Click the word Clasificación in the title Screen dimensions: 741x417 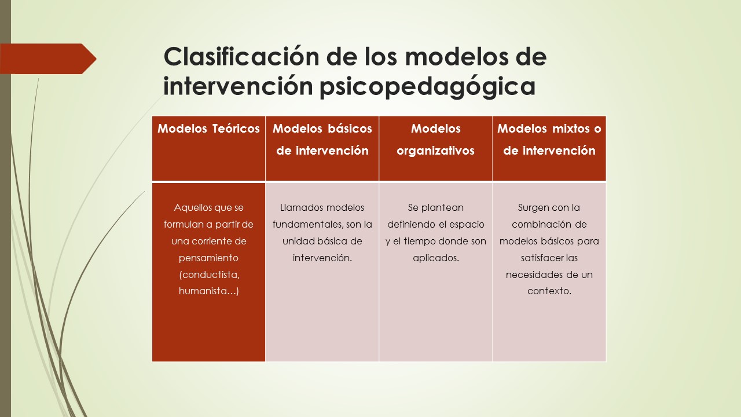pyautogui.click(x=241, y=57)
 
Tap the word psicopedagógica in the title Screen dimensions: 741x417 pyautogui.click(x=427, y=87)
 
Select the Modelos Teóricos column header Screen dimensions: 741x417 pyautogui.click(x=209, y=129)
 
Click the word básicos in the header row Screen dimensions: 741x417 pyautogui.click(x=350, y=129)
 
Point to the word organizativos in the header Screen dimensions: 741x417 pyautogui.click(x=436, y=151)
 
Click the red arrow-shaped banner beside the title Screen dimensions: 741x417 pyautogui.click(x=48, y=58)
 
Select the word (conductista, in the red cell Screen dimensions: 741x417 pyautogui.click(x=209, y=275)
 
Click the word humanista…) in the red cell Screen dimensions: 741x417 pyautogui.click(x=209, y=291)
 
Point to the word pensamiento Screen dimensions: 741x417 pyautogui.click(x=208, y=258)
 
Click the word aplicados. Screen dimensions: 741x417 pyautogui.click(x=436, y=258)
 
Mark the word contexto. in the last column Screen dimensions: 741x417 pyautogui.click(x=549, y=291)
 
